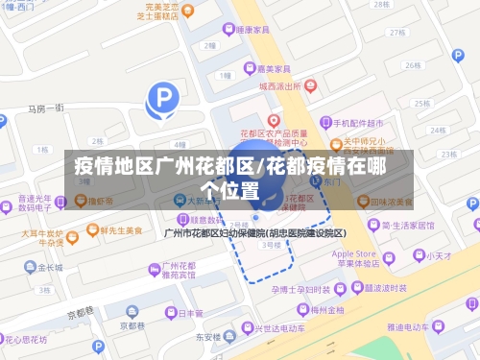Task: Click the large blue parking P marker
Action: pos(161,98)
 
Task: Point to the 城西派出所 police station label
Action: pos(278,85)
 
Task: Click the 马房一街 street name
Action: pos(45,108)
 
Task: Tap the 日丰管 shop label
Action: pos(190,313)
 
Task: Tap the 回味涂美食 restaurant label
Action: pos(391,203)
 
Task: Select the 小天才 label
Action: pos(440,255)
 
